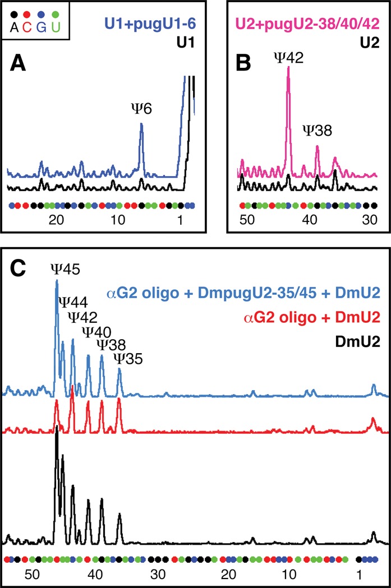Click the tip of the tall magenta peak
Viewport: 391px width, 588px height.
pyautogui.click(x=288, y=67)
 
